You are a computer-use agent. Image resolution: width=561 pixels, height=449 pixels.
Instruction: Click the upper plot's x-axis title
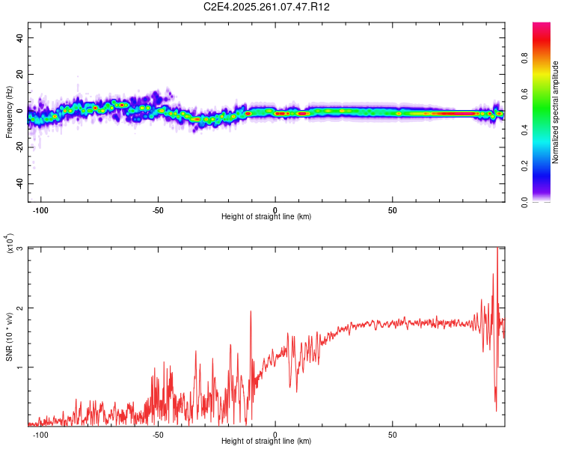[266, 217]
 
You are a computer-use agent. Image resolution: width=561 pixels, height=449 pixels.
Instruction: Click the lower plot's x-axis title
[266, 442]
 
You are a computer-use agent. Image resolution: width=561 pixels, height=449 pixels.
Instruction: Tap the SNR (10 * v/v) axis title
[9, 335]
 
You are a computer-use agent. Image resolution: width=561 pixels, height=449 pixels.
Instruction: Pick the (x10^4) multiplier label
[10, 244]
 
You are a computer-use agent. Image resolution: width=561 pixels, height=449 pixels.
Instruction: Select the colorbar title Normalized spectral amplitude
[556, 112]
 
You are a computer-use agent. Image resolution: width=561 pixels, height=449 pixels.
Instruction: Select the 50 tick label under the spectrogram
[393, 210]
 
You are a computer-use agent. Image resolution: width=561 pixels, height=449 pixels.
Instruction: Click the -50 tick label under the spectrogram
[157, 210]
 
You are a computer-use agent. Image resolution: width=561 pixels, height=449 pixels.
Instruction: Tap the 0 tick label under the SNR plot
[275, 435]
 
